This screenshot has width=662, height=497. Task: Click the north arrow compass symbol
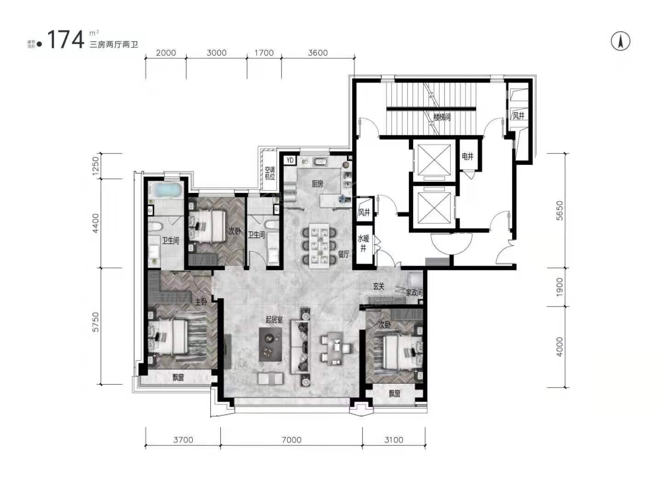pyautogui.click(x=620, y=41)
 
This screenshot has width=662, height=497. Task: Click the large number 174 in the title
pyautogui.click(x=65, y=40)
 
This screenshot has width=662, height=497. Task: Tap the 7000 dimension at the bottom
pyautogui.click(x=291, y=440)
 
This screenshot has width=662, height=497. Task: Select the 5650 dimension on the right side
pyautogui.click(x=559, y=210)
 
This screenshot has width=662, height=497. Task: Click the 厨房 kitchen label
pyautogui.click(x=317, y=184)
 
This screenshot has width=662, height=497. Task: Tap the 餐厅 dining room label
pyautogui.click(x=344, y=254)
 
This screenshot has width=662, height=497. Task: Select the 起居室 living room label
pyautogui.click(x=274, y=319)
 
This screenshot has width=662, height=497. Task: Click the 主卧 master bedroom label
pyautogui.click(x=201, y=302)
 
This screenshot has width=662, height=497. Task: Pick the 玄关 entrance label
pyautogui.click(x=379, y=286)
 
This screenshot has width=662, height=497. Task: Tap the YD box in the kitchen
pyautogui.click(x=290, y=160)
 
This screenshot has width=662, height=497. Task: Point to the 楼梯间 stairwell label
pyautogui.click(x=442, y=117)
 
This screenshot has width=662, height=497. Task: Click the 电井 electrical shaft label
pyautogui.click(x=467, y=156)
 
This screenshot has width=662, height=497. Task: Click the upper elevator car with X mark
pyautogui.click(x=434, y=160)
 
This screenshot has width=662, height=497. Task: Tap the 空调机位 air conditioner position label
pyautogui.click(x=270, y=173)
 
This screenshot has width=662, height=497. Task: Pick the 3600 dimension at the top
pyautogui.click(x=317, y=52)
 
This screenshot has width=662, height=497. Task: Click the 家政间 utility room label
pyautogui.click(x=414, y=293)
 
